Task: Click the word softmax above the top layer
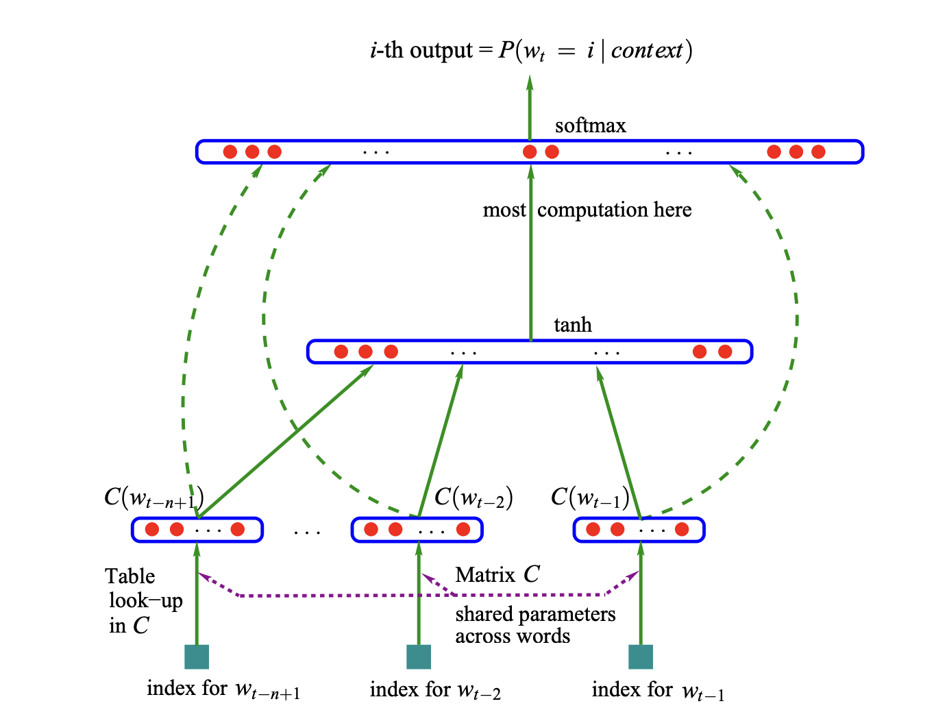pos(590,126)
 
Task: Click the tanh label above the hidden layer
pos(572,325)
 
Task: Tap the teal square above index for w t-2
pos(419,657)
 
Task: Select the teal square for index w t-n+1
pos(197,657)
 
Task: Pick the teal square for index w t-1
pos(641,657)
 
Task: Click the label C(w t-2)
pos(473,498)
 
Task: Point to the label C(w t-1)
pos(590,498)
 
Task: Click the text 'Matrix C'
pos(497,575)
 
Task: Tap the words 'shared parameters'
pos(535,614)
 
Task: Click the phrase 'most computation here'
pos(587,210)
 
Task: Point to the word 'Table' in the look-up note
pos(130,576)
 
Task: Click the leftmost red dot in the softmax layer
pos(230,151)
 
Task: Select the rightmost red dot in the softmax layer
pos(818,151)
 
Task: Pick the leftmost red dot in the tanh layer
pos(341,352)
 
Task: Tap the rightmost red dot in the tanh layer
pos(725,352)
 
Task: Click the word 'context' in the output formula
pos(647,51)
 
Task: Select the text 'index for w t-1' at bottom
pos(658,690)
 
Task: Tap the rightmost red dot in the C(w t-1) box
pos(682,529)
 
